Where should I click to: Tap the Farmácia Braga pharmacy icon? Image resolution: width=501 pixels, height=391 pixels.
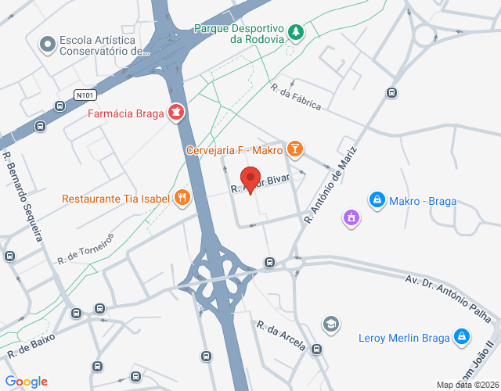(178, 113)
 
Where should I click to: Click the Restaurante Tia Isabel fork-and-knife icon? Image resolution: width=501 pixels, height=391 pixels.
(182, 198)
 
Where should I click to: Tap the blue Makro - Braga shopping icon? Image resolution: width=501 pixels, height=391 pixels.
(377, 200)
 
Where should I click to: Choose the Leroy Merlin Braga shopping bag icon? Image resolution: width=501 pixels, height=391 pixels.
(463, 337)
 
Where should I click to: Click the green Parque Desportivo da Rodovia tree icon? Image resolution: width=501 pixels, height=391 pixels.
(296, 32)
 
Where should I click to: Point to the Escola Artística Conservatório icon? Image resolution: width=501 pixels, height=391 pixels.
(49, 44)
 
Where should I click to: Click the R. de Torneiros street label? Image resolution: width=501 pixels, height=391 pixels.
(85, 247)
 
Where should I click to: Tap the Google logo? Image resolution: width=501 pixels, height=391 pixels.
(26, 382)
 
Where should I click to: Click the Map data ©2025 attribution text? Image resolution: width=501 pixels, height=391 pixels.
(467, 385)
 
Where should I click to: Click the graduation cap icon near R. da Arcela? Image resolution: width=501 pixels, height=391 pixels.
(331, 323)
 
